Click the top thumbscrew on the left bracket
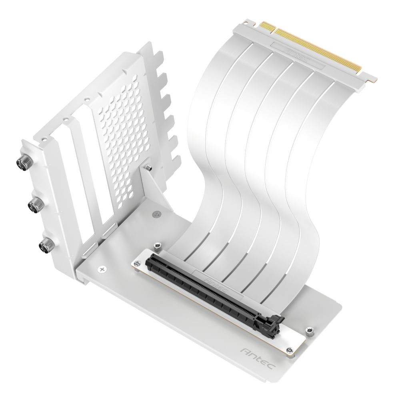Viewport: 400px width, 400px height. (20, 162)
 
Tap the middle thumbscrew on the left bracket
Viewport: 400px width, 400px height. (33, 205)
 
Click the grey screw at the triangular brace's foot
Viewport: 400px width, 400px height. (155, 214)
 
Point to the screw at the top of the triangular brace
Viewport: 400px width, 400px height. (148, 168)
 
